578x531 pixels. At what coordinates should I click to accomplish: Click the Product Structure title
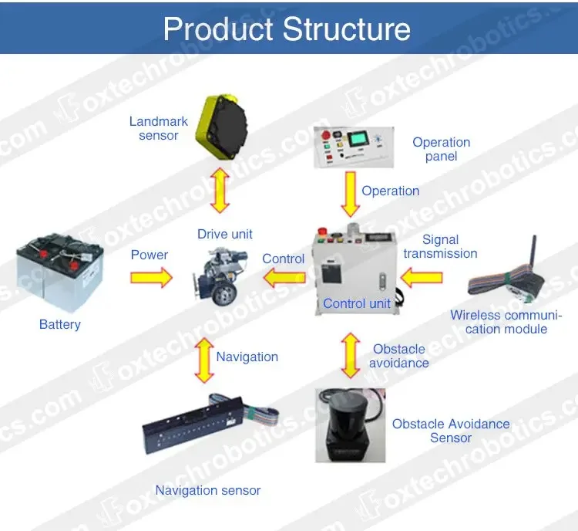tap(287, 29)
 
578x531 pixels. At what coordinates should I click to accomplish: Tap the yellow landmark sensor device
tap(220, 127)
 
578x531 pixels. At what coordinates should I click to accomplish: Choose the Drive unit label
tap(224, 234)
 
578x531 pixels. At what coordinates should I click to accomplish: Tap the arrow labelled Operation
tap(351, 194)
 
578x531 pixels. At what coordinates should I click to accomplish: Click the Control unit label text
tap(357, 303)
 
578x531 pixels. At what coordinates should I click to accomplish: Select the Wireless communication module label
tap(506, 322)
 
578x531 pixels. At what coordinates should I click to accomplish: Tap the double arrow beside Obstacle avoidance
tap(351, 355)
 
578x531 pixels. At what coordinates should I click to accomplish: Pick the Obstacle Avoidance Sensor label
tap(450, 431)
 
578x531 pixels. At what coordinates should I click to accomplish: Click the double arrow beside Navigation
tap(203, 360)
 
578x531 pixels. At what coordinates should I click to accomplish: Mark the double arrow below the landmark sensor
tap(220, 190)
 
